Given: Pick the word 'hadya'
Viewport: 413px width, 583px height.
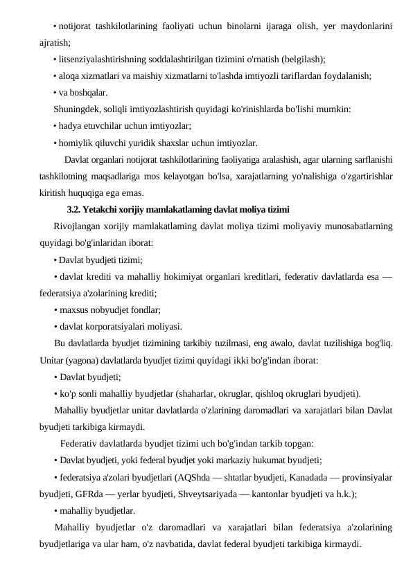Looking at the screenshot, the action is pyautogui.click(x=71, y=125).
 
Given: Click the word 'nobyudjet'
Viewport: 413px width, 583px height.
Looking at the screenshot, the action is pyautogui.click(x=114, y=311).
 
